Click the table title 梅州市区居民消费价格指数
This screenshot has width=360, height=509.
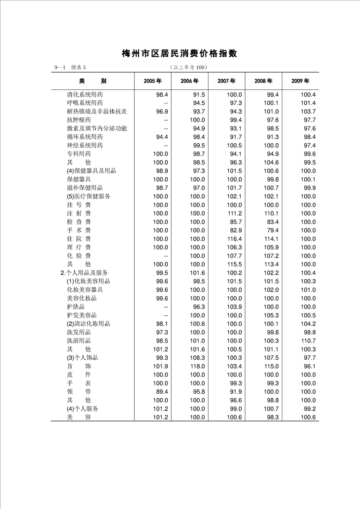tap(180, 54)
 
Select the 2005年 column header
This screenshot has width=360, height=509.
tap(153, 81)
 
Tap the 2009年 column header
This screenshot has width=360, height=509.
tap(301, 81)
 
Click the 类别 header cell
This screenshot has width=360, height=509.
tap(93, 81)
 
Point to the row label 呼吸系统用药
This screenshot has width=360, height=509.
tap(84, 103)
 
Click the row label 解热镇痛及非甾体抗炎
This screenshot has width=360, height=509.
tap(97, 112)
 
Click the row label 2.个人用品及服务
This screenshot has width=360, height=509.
tap(84, 273)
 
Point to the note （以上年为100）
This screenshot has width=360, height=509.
tap(188, 68)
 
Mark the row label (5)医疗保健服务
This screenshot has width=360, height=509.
tap(88, 196)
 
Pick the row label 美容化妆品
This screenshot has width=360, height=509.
tap(82, 298)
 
